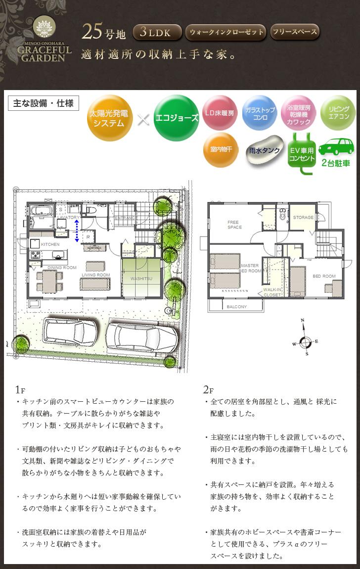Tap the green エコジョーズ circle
(x=176, y=118)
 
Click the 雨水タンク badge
(x=265, y=150)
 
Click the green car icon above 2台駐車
(x=336, y=147)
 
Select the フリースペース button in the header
(x=295, y=32)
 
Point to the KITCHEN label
(x=50, y=244)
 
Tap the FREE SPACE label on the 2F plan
(x=234, y=225)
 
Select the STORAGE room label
(x=303, y=217)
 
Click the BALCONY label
(x=236, y=307)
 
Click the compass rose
(x=306, y=341)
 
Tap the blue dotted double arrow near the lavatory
(x=77, y=231)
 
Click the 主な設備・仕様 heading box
(x=43, y=103)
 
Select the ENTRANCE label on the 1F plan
(x=125, y=217)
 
